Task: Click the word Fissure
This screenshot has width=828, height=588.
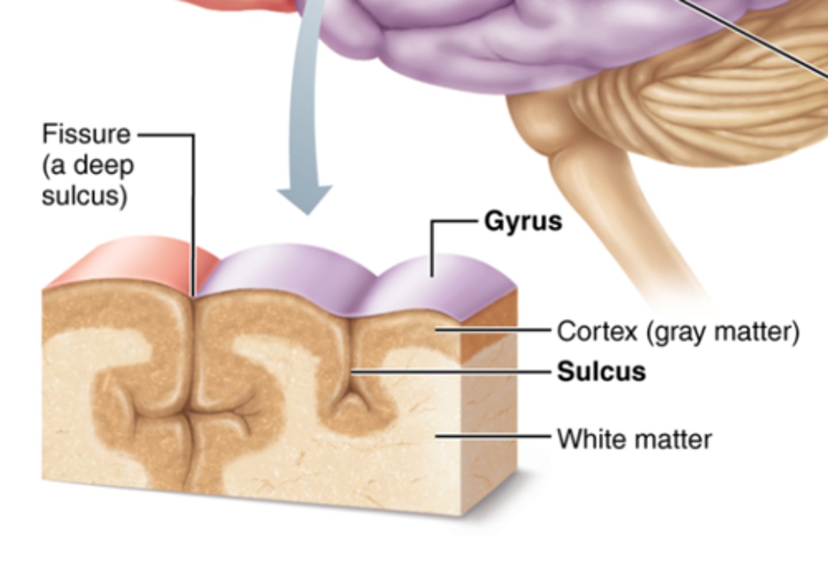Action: [86, 135]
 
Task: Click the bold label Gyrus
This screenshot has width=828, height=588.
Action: [523, 221]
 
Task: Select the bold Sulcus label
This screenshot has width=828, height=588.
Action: [601, 372]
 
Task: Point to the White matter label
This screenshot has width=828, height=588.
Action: [634, 440]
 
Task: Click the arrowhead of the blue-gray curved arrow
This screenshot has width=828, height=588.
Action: [305, 198]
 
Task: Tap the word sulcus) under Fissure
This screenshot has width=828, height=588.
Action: [85, 196]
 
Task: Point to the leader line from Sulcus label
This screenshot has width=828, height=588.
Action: [454, 372]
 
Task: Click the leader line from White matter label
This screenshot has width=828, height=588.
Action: [494, 436]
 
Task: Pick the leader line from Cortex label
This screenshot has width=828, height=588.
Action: [494, 330]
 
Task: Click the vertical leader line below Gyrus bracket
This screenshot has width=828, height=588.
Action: [432, 253]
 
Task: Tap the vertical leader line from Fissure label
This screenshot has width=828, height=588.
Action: [193, 219]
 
